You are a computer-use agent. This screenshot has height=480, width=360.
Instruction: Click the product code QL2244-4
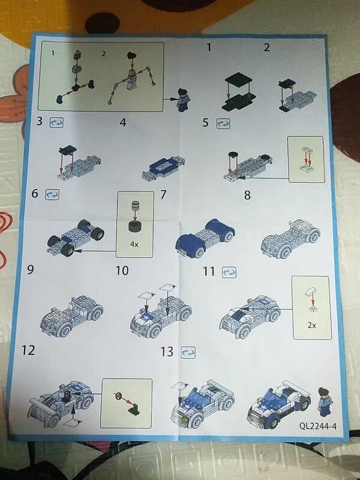click(318, 426)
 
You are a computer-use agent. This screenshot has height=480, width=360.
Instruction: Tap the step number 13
click(167, 352)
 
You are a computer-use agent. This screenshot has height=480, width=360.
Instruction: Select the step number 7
click(163, 194)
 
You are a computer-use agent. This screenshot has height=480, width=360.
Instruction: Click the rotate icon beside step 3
click(56, 122)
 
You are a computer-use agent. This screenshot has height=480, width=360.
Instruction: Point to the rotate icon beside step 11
click(229, 272)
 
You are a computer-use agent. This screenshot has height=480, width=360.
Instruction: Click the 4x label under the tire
click(134, 244)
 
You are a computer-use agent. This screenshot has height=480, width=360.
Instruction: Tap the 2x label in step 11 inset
click(311, 325)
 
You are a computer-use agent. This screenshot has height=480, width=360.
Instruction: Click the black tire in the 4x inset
click(135, 227)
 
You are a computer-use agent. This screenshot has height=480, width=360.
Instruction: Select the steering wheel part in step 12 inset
click(118, 396)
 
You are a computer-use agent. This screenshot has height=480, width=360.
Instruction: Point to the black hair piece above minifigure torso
click(132, 56)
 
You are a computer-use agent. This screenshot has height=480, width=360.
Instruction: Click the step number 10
click(122, 271)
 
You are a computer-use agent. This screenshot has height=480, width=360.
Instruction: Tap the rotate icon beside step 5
click(223, 124)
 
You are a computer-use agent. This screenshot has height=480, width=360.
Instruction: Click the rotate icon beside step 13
click(188, 352)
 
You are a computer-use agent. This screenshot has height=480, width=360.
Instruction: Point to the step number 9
click(31, 269)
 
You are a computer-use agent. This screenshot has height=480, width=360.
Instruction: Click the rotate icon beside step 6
click(52, 194)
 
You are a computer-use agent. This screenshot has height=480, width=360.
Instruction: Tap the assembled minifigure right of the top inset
click(184, 100)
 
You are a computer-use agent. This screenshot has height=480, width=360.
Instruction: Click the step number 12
click(28, 350)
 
